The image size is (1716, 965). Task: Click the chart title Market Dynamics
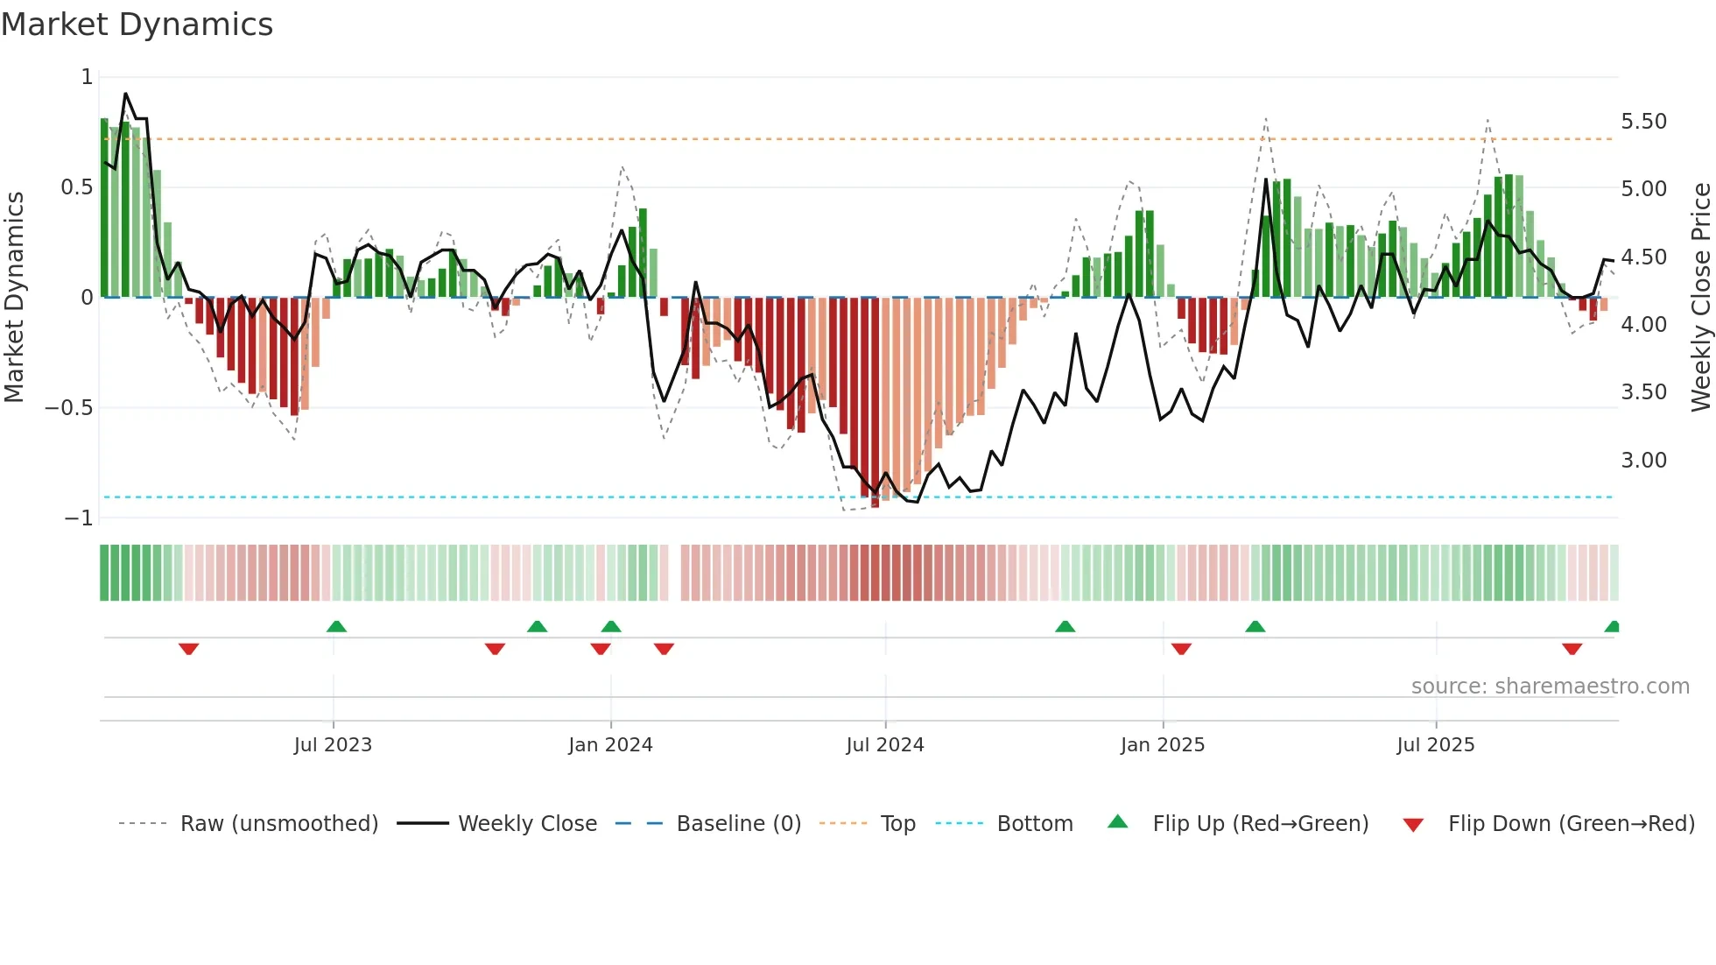coord(137,25)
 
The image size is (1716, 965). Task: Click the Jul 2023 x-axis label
coord(333,745)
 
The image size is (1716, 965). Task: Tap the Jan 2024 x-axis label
coord(610,745)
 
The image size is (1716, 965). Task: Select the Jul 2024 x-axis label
coord(885,745)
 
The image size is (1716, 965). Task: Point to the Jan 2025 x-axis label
coord(1163,745)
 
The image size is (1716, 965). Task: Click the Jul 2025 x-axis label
coord(1436,745)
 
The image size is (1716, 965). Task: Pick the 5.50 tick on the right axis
coord(1643,122)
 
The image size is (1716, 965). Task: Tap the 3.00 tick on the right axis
coord(1643,461)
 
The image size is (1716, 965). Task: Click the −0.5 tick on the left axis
coord(69,408)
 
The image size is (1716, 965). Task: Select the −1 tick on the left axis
coord(79,518)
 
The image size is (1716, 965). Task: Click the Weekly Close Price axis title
coord(1700,298)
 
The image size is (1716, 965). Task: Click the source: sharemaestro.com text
coord(1550,687)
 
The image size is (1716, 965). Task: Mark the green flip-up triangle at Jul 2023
coord(336,627)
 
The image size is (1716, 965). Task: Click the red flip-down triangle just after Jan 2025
coord(1181,649)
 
